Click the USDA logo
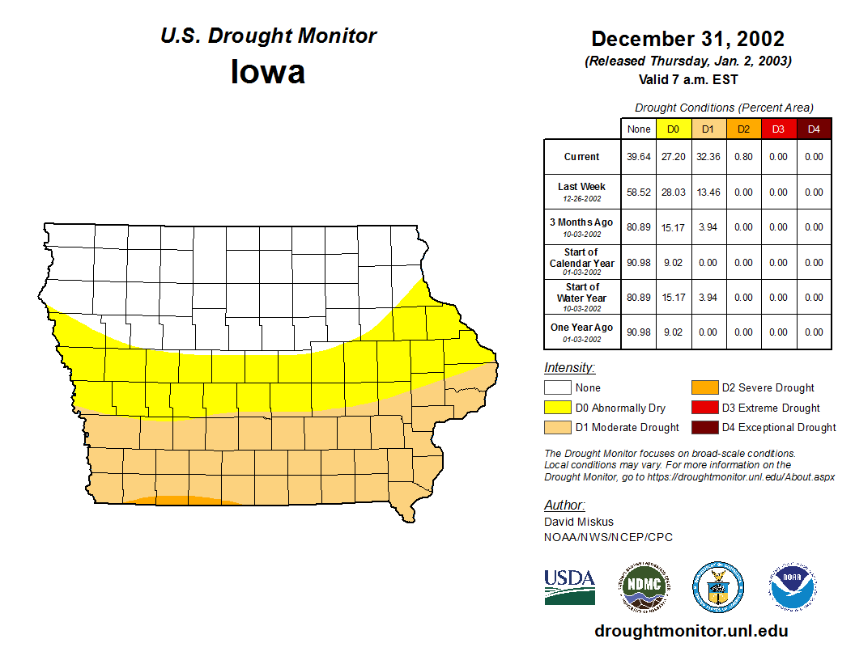tap(569, 586)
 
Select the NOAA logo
tap(793, 586)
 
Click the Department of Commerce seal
tap(717, 586)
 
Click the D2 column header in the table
tap(743, 129)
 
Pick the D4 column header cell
tap(813, 129)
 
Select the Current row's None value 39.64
tap(639, 157)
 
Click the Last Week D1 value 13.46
tap(708, 192)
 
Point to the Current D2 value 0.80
tap(743, 157)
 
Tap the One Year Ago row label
tap(582, 328)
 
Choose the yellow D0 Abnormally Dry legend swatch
tap(557, 408)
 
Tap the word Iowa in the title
tap(268, 72)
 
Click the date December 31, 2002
tap(687, 39)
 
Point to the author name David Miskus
tap(579, 522)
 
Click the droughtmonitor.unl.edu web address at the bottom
tap(691, 631)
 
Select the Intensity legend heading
tap(569, 368)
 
